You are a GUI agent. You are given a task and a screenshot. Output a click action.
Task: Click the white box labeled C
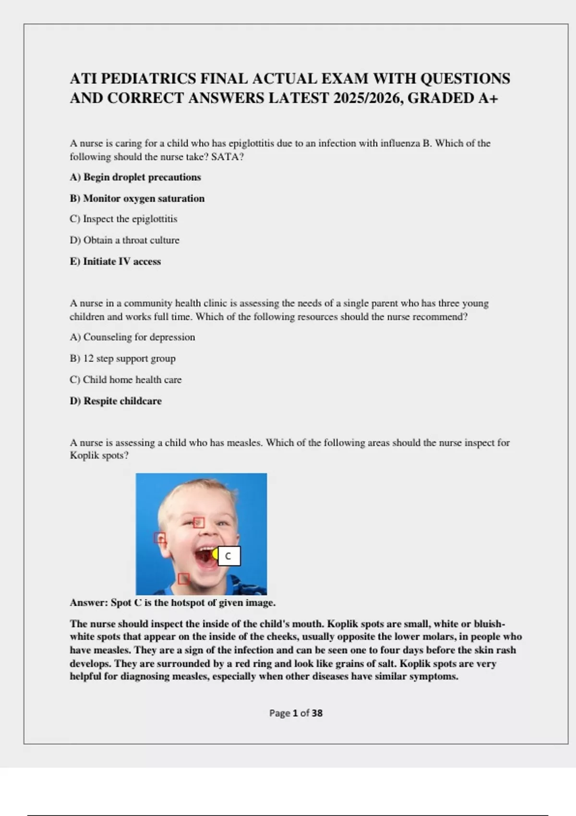click(229, 556)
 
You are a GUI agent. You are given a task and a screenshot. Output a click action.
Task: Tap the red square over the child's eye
click(199, 522)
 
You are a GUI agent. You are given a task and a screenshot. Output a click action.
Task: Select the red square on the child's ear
click(160, 538)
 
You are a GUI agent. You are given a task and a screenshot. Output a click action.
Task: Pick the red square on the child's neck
click(183, 579)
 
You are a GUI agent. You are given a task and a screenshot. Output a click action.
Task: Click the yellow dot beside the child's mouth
click(216, 554)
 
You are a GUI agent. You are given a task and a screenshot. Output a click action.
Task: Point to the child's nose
click(211, 534)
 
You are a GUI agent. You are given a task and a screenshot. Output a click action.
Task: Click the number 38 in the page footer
click(317, 713)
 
